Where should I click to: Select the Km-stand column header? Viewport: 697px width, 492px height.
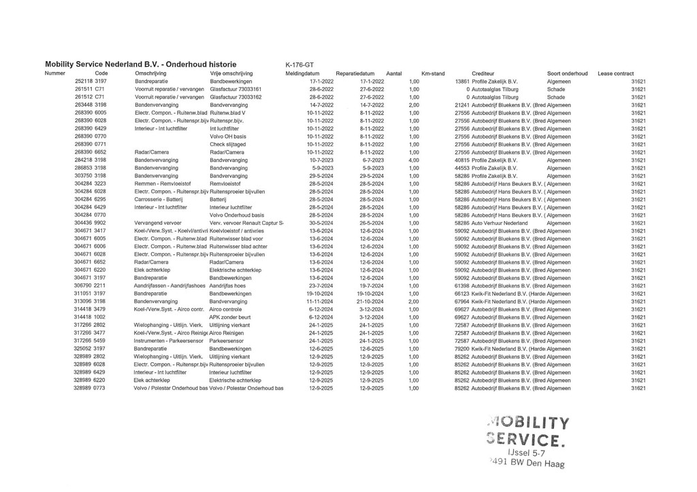433,73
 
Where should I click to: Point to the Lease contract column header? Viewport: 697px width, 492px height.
615,73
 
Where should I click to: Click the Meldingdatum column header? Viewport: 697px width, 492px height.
303,73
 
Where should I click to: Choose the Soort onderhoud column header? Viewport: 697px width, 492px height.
568,73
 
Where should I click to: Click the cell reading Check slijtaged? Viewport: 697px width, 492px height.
227,145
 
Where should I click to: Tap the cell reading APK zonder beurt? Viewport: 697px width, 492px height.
231,317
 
